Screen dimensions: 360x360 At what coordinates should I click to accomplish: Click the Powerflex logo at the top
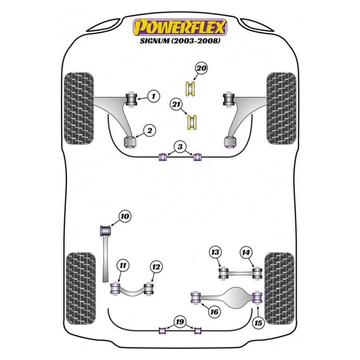coord(180,28)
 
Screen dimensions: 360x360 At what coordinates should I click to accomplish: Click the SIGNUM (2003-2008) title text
coord(180,41)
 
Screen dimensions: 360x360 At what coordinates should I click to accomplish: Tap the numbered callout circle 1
coord(154,96)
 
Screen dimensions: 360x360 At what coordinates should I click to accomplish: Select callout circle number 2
coord(150,131)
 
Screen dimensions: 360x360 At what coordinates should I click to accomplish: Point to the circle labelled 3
coord(180,146)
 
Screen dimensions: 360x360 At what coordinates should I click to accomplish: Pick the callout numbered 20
coord(201,68)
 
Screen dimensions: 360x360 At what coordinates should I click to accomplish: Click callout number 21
coord(176,104)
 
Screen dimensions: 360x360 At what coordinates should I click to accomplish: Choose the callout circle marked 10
coord(125,216)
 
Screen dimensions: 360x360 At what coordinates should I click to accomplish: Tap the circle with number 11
coord(123,266)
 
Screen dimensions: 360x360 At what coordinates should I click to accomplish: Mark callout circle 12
coord(156,267)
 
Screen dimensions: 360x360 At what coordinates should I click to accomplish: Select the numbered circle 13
coord(215,252)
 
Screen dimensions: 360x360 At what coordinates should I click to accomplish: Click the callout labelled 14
coord(246,252)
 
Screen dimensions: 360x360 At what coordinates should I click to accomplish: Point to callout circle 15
coord(258,323)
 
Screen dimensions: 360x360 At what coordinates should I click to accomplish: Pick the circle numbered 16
coord(214,312)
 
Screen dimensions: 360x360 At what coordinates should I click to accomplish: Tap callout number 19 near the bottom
coord(180,322)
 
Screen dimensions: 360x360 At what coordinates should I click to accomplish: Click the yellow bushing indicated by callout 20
coord(190,89)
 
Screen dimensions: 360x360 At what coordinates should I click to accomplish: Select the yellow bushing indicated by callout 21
coord(192,122)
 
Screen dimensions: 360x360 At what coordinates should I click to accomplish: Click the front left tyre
coord(79,108)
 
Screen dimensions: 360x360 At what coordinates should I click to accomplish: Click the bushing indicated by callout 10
coord(106,230)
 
